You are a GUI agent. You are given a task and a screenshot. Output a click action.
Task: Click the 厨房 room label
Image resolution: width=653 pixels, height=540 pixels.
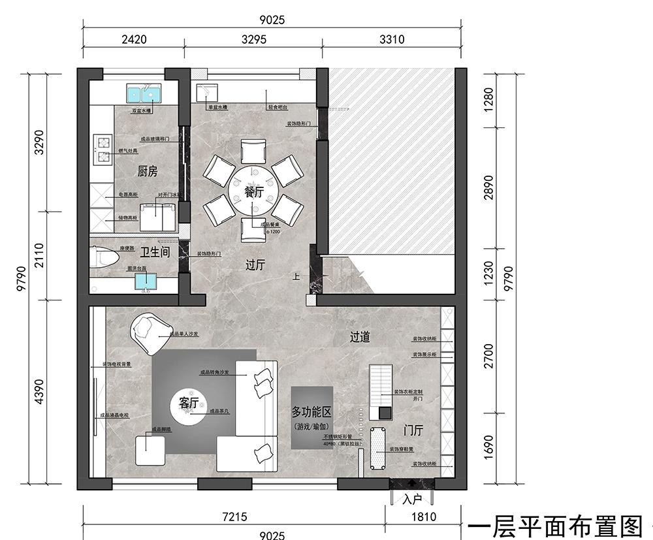[x=148, y=172]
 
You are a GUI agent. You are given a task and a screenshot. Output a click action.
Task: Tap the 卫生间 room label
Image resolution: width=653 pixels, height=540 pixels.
[x=155, y=251]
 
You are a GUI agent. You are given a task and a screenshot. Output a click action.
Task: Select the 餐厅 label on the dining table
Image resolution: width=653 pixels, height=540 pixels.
[x=253, y=192]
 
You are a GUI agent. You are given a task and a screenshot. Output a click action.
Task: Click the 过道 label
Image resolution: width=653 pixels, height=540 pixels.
[x=360, y=337]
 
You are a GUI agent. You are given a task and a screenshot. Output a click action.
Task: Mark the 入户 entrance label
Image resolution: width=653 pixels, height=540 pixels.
[x=412, y=500]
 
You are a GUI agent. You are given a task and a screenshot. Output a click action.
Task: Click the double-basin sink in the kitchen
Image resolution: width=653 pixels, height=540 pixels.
[x=143, y=95]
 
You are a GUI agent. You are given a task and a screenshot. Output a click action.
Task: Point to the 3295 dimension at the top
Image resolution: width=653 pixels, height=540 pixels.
[x=254, y=39]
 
